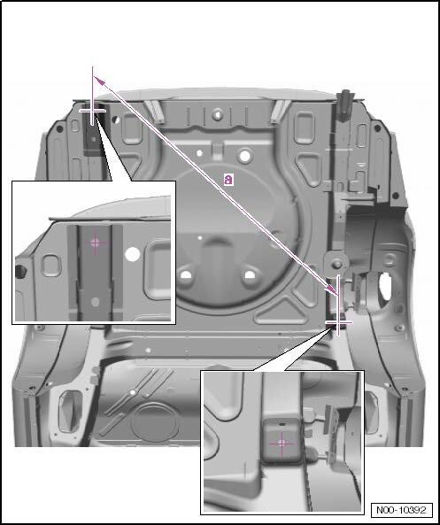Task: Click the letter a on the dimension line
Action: click(228, 180)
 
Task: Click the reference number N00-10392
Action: click(402, 510)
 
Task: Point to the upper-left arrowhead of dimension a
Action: click(99, 80)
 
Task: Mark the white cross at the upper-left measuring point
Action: click(92, 111)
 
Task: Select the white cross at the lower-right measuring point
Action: click(338, 322)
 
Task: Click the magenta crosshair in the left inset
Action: click(95, 243)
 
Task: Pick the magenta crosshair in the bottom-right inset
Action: click(282, 444)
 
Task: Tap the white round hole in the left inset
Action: click(132, 254)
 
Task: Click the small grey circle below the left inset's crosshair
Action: click(95, 302)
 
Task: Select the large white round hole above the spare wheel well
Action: click(245, 156)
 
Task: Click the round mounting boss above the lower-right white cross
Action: click(337, 264)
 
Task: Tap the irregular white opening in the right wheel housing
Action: click(385, 285)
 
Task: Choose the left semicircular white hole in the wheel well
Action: click(186, 275)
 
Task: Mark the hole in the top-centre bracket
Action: click(218, 114)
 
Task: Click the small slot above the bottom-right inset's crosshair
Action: click(282, 424)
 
